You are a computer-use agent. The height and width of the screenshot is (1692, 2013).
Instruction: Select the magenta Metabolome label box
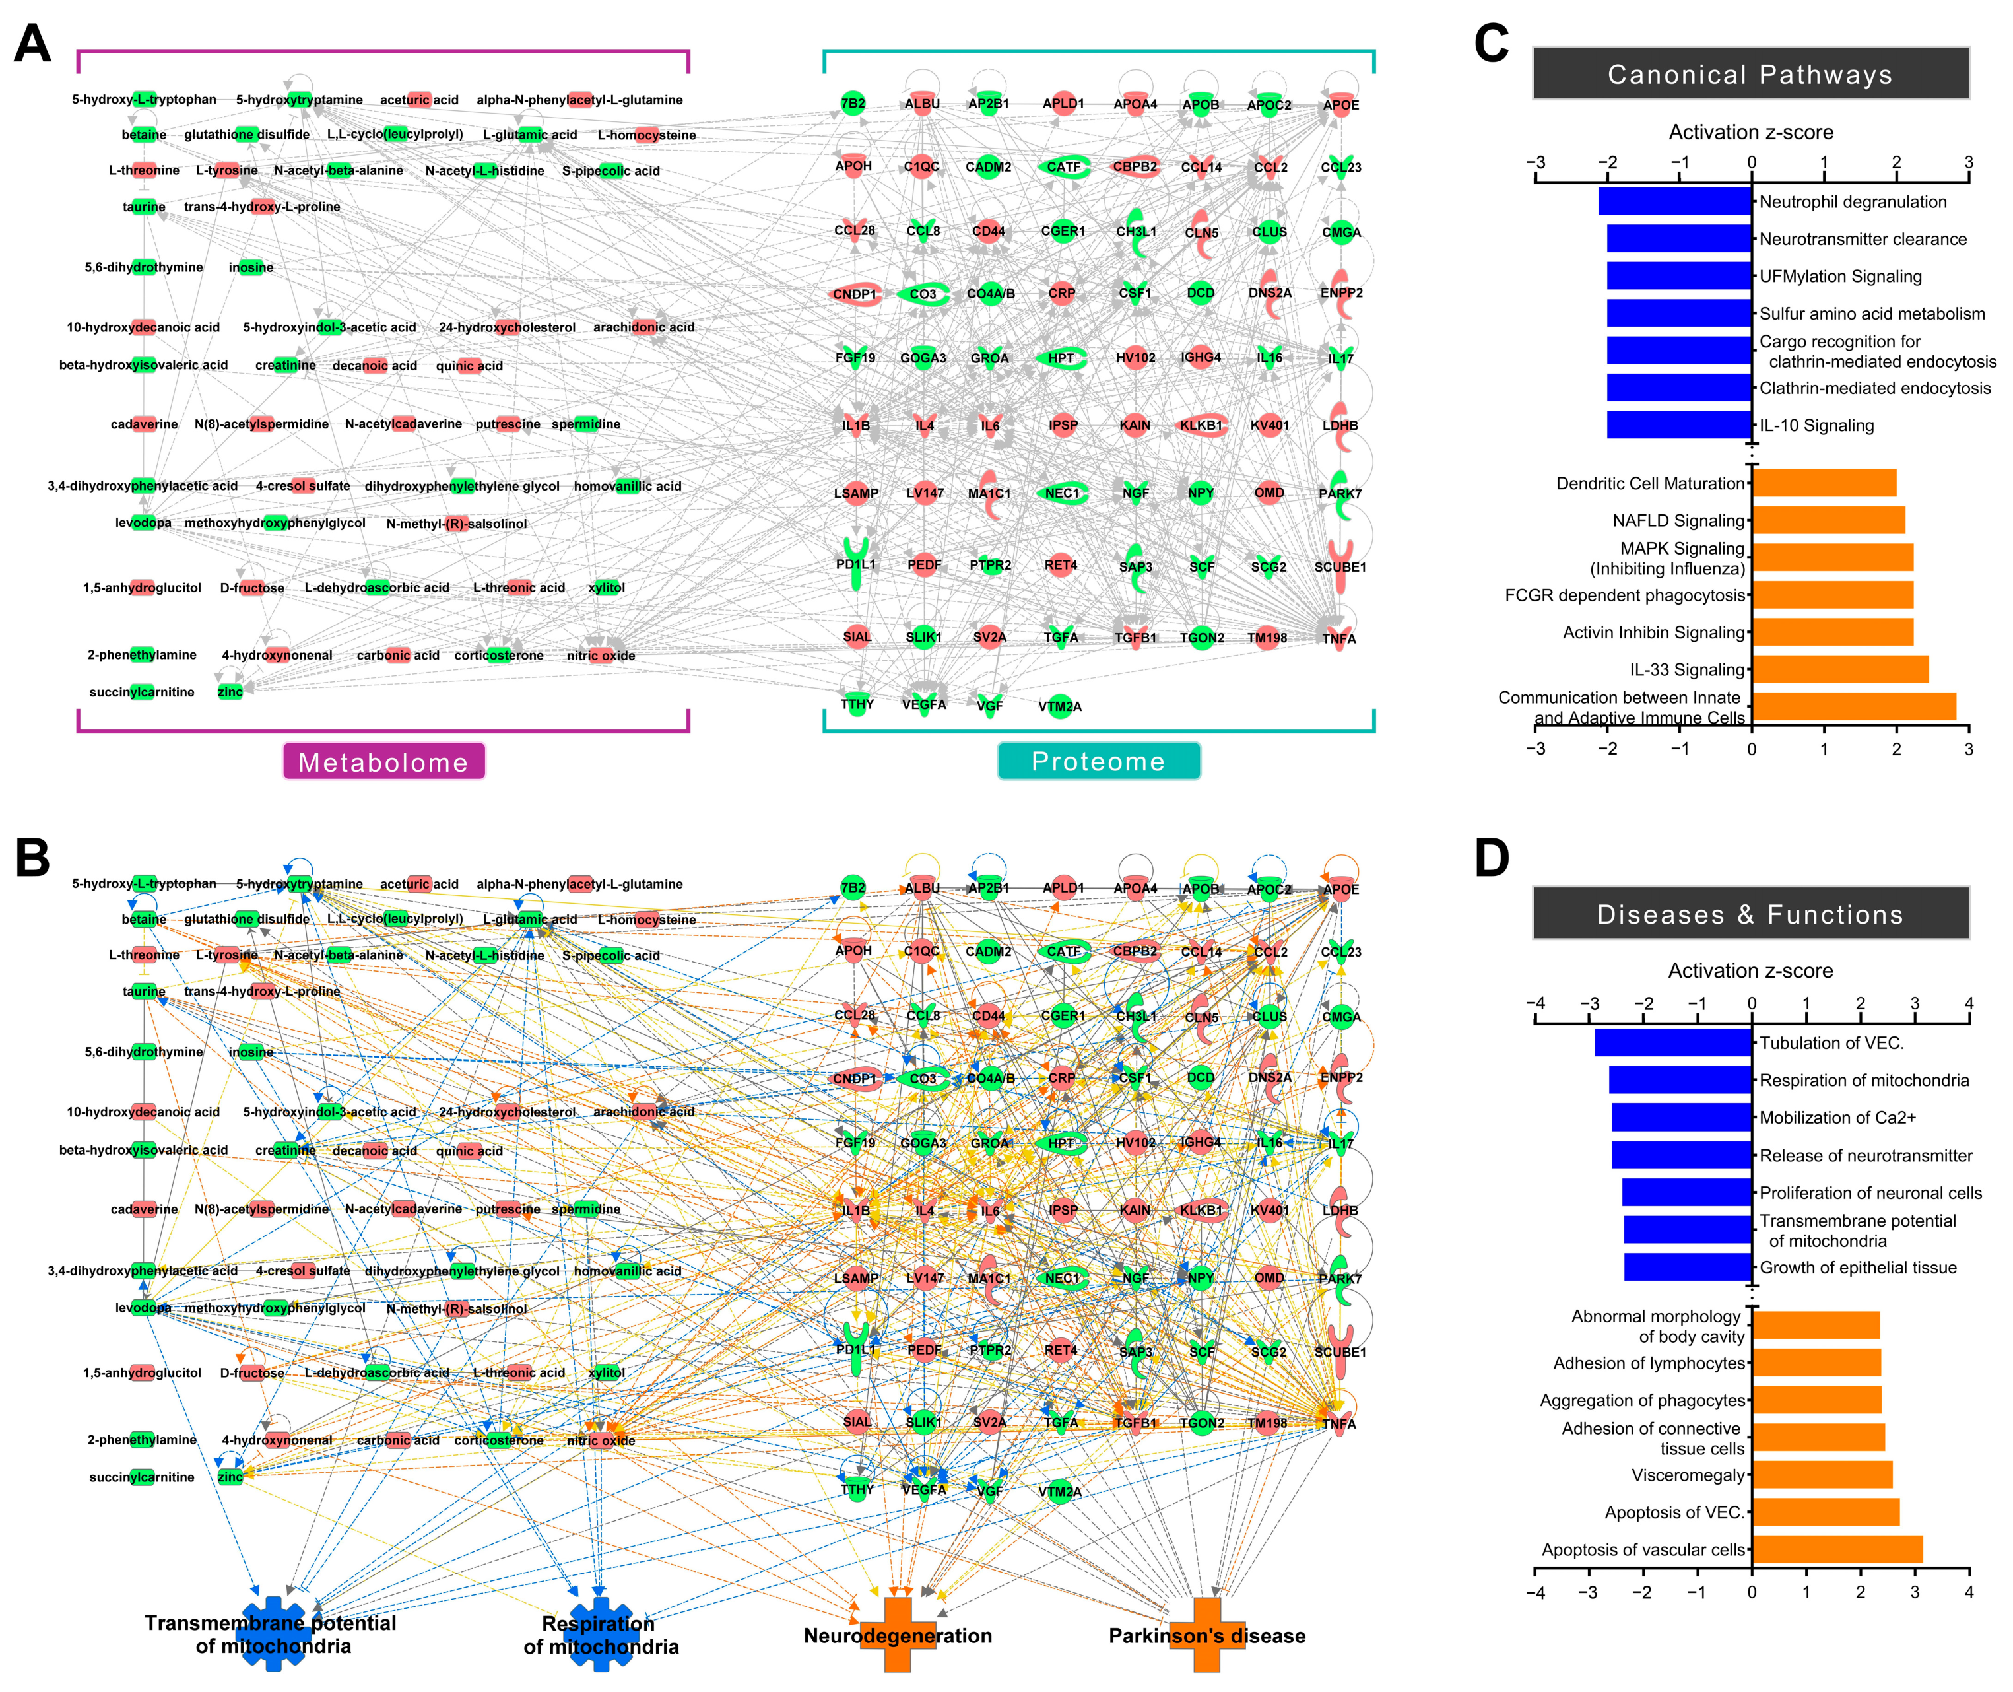pyautogui.click(x=383, y=762)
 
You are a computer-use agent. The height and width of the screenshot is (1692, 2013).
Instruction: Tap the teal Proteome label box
pyautogui.click(x=1098, y=761)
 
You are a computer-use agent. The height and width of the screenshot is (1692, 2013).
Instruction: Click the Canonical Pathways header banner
pyautogui.click(x=1750, y=74)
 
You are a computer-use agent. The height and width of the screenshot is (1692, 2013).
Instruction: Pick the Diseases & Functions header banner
pyautogui.click(x=1750, y=914)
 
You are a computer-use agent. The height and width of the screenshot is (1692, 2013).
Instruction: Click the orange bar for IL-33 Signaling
pyautogui.click(x=1839, y=669)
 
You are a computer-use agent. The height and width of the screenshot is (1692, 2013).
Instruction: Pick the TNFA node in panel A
pyautogui.click(x=1338, y=638)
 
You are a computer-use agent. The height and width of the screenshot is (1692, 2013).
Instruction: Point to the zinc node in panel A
pyautogui.click(x=230, y=692)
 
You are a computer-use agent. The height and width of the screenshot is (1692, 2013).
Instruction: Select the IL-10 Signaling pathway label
pyautogui.click(x=1816, y=425)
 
